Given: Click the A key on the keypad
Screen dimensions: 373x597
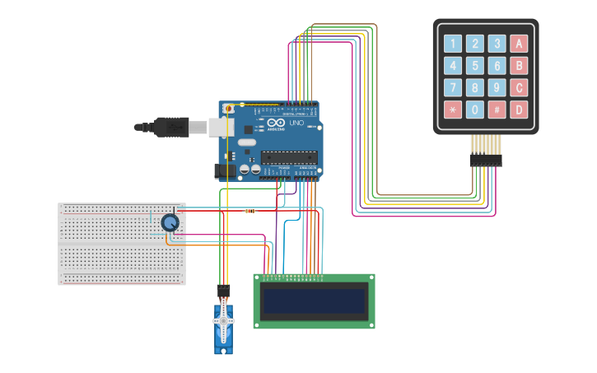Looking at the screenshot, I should coord(519,44).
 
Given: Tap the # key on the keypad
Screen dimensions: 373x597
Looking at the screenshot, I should coord(497,110).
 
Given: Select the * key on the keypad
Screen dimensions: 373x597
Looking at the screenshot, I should coord(453,110).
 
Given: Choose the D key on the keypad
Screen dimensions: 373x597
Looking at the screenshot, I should coord(519,110).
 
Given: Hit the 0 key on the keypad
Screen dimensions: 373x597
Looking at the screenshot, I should coord(475,110).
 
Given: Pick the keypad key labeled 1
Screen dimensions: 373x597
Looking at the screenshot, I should coord(453,44).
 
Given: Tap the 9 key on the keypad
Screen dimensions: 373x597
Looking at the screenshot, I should coord(497,87).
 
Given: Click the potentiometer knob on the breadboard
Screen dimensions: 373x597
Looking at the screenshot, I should coord(170,222).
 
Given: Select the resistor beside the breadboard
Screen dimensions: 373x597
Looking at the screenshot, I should coord(250,211).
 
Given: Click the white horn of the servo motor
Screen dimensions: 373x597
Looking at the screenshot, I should coord(223,319).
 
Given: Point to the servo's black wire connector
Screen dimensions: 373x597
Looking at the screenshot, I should coord(223,291).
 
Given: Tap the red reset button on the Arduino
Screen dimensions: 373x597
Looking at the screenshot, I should coord(230,108).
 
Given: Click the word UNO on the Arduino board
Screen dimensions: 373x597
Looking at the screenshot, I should coord(296,123).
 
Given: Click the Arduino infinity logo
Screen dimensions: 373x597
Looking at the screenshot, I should coord(275,123).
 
